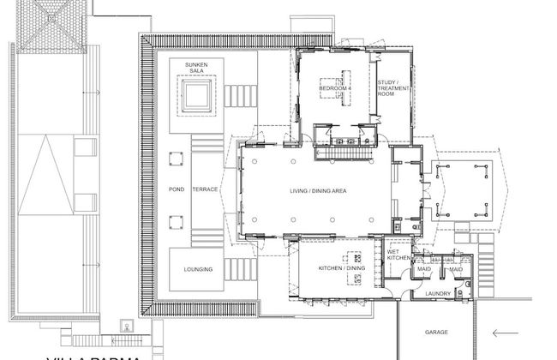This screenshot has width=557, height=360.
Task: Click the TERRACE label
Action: coord(204,189)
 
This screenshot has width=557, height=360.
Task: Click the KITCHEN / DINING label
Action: coord(342,268)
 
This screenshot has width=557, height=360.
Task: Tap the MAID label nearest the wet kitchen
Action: coord(424,270)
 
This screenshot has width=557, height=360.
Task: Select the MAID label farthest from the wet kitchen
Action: coord(457,270)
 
